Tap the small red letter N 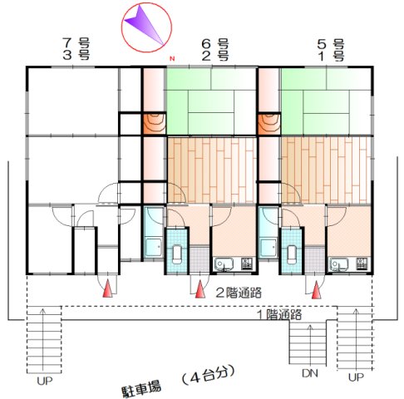(x=172, y=59)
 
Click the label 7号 (x=76, y=42)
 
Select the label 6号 (x=215, y=43)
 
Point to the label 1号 (x=331, y=57)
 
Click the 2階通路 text (x=239, y=293)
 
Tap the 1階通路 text (x=279, y=315)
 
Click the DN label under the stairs (x=310, y=373)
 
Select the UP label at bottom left (x=45, y=381)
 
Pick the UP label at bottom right (x=356, y=377)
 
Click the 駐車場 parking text (x=141, y=388)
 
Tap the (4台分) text (x=209, y=375)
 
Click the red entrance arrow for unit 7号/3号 (x=107, y=288)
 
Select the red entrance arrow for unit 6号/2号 (x=200, y=289)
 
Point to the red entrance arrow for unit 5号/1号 (x=316, y=289)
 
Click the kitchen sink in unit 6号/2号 (x=224, y=264)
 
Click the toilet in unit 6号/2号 (x=177, y=254)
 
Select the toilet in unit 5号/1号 (x=292, y=254)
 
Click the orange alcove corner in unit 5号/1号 (x=269, y=124)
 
